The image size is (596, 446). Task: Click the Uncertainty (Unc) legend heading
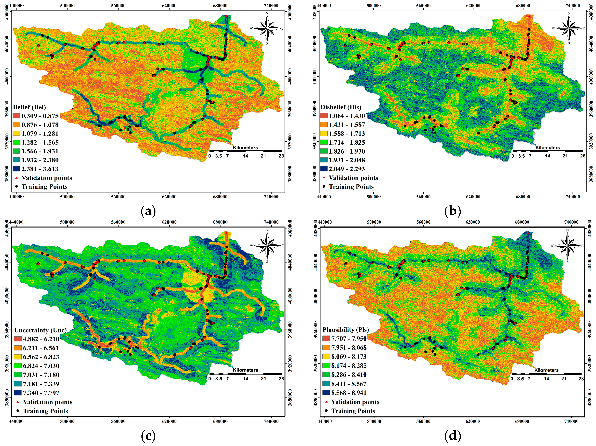pos(40,330)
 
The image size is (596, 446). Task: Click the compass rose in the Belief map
pos(267,28)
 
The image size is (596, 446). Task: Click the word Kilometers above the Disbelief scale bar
pos(548,148)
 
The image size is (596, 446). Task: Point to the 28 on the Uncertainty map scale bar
pos(281,378)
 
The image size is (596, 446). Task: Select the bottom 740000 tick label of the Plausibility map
pos(571,421)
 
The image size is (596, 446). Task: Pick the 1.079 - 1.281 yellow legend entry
pos(40,133)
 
